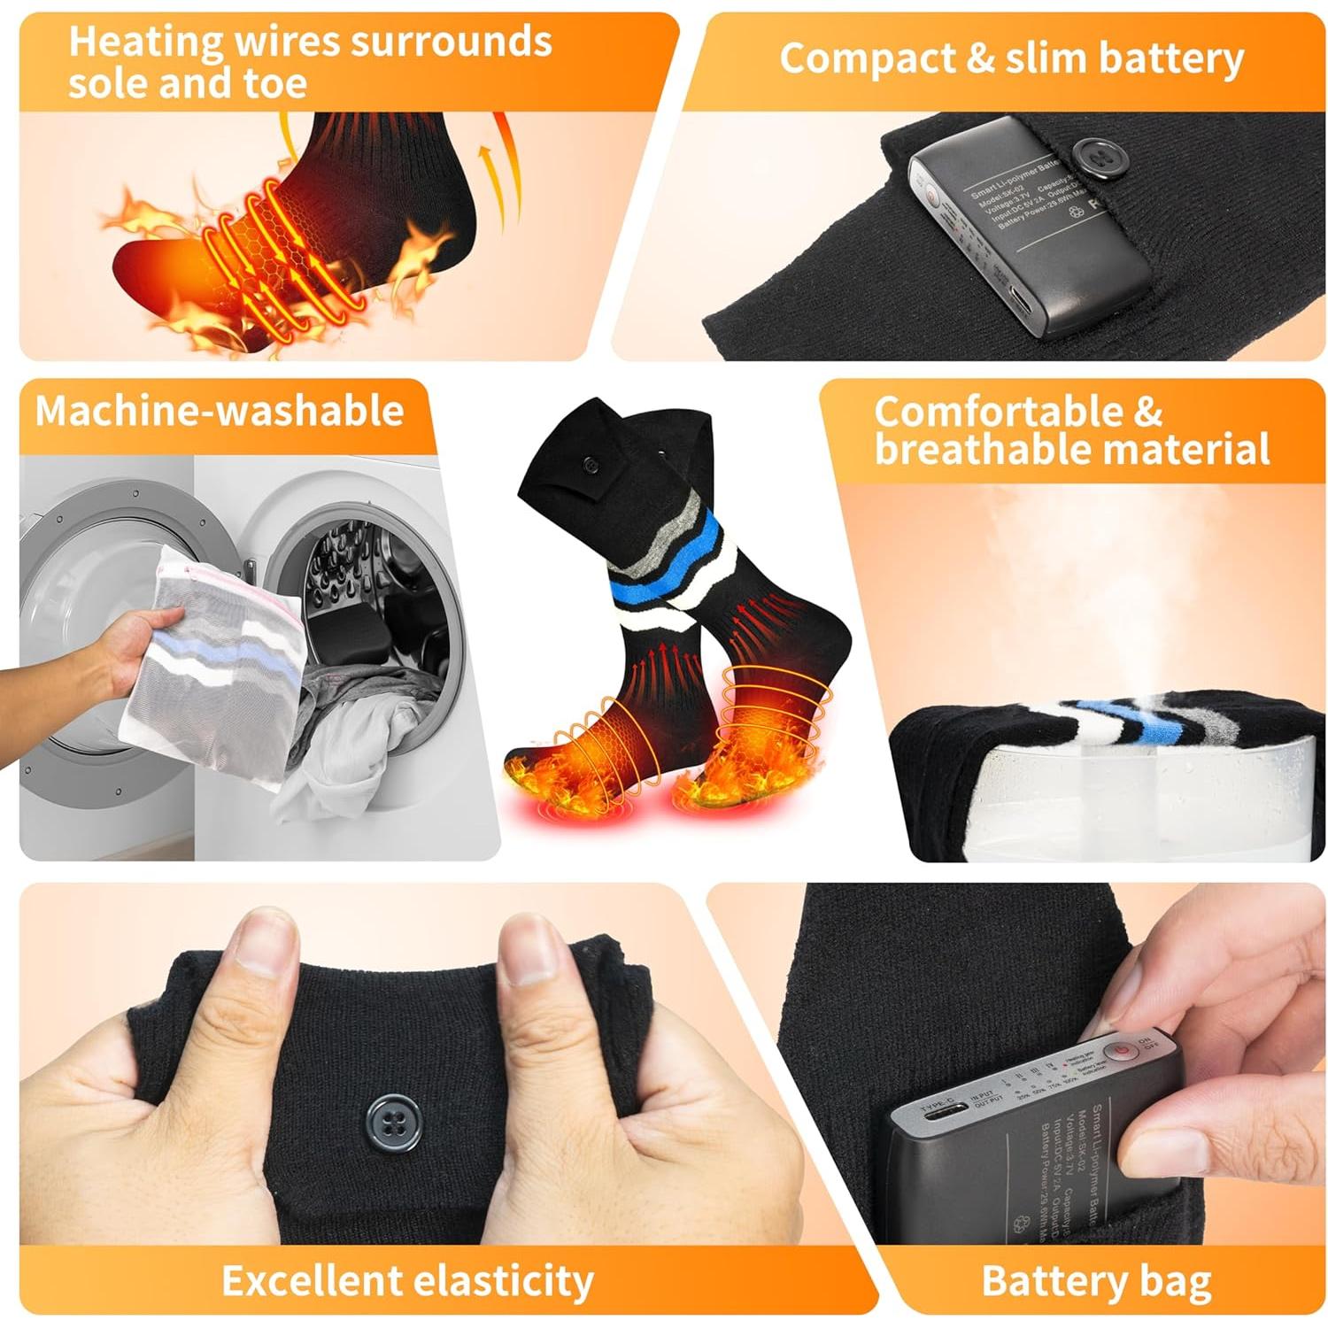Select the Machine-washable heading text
(x=219, y=412)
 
